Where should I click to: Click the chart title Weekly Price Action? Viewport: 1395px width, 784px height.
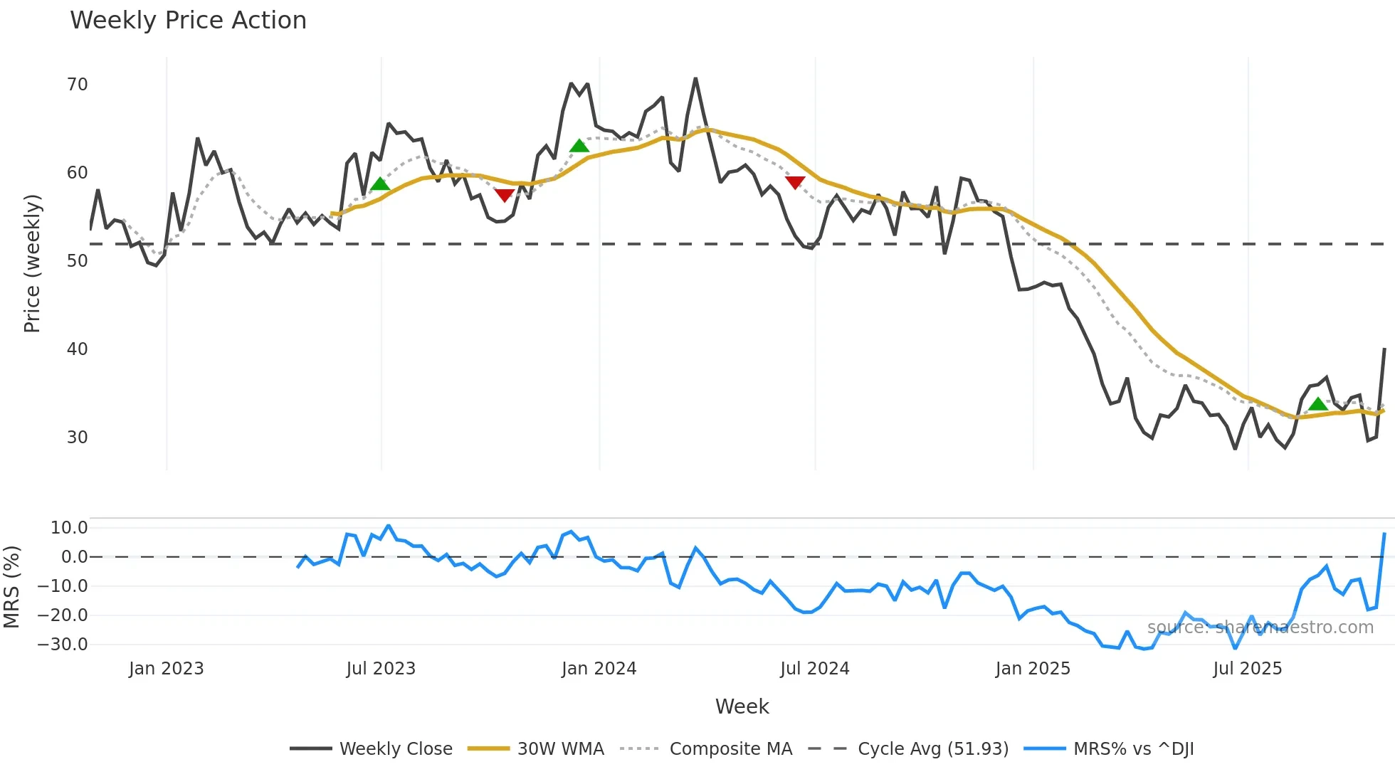(x=188, y=21)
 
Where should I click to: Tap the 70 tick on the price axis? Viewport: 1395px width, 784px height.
(x=78, y=85)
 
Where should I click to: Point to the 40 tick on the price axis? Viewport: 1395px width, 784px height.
(x=78, y=349)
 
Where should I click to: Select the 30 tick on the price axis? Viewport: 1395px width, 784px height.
(x=78, y=438)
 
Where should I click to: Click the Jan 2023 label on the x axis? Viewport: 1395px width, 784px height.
(x=166, y=669)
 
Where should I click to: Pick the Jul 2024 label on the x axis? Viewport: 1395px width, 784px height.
(x=815, y=669)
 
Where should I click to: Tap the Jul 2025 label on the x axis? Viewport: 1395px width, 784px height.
(x=1248, y=669)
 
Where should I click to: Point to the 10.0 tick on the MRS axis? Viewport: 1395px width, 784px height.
(x=69, y=528)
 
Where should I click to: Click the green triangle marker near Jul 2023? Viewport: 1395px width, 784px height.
(x=380, y=184)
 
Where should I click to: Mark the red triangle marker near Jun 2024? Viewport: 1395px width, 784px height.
(x=795, y=182)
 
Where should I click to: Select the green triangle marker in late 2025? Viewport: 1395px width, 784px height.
(x=1317, y=404)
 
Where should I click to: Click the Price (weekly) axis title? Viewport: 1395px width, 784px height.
(x=32, y=263)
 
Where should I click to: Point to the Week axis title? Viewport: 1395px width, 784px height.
(x=742, y=706)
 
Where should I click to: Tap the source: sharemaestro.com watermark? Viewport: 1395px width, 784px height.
(x=1260, y=627)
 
